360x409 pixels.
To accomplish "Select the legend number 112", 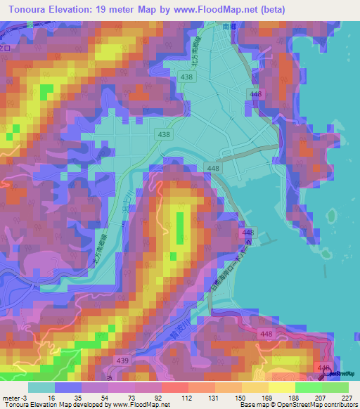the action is (174, 397).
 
